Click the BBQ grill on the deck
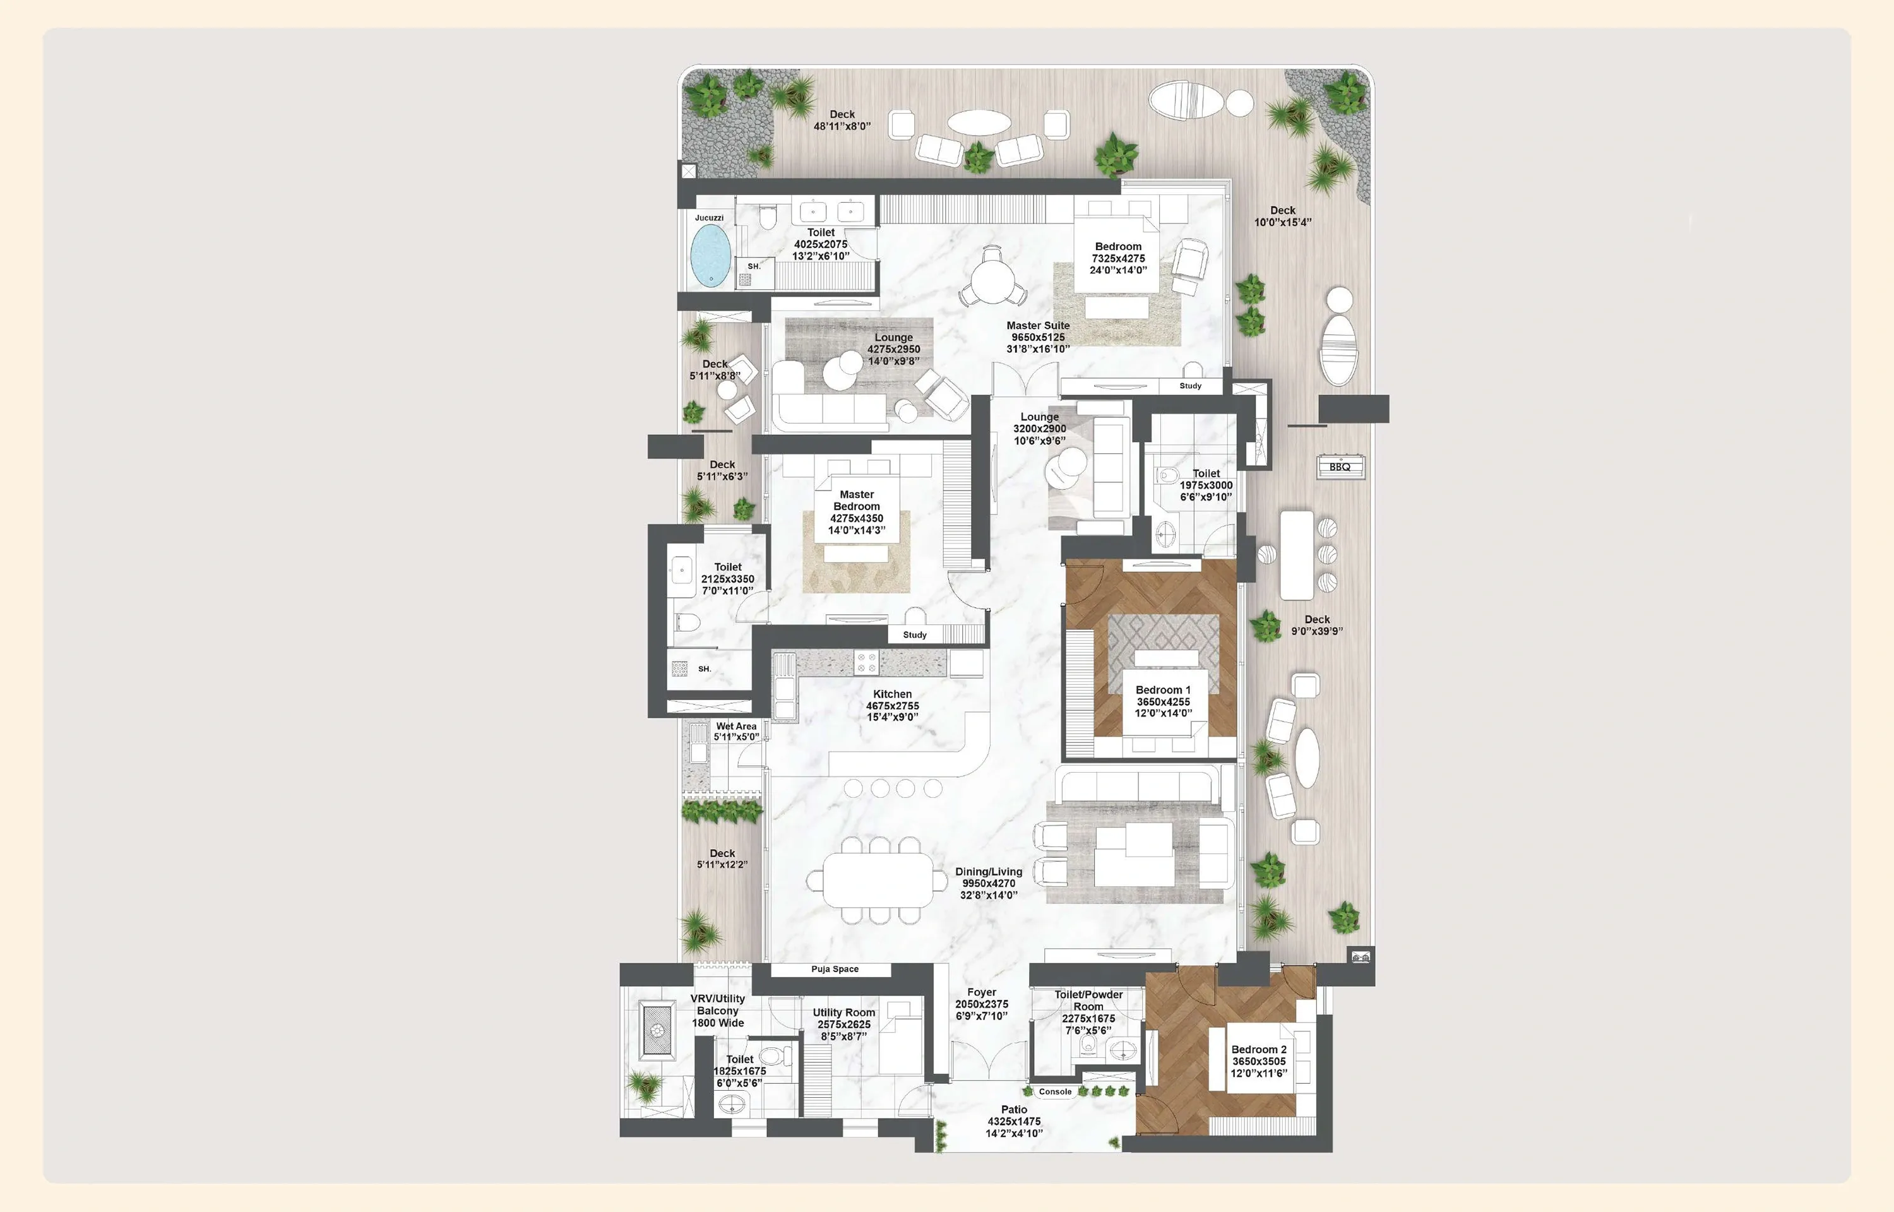(1340, 466)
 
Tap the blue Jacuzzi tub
(710, 255)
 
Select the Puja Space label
(834, 969)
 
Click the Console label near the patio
(1054, 1091)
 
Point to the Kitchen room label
(892, 694)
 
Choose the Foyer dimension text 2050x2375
(981, 1004)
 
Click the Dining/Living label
(988, 871)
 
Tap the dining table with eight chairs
(878, 880)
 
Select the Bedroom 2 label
(1258, 1049)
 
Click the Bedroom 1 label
(1162, 689)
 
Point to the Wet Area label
(736, 727)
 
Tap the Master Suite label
(1038, 325)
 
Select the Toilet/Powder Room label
(1088, 1001)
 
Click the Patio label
(1013, 1109)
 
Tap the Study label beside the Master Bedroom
(914, 634)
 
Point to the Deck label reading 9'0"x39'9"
(1316, 625)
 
